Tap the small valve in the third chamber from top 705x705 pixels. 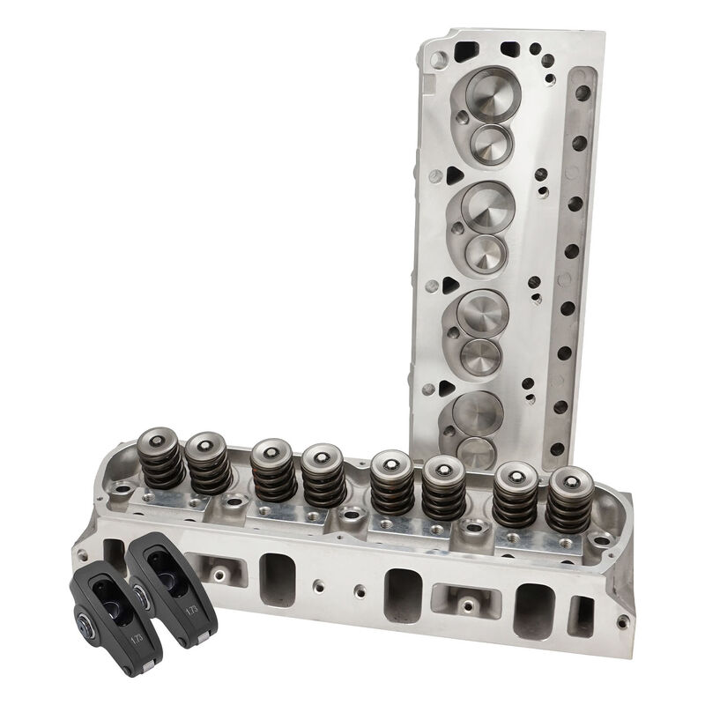481,354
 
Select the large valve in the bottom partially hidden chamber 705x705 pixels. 477,410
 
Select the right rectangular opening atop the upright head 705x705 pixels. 510,48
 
